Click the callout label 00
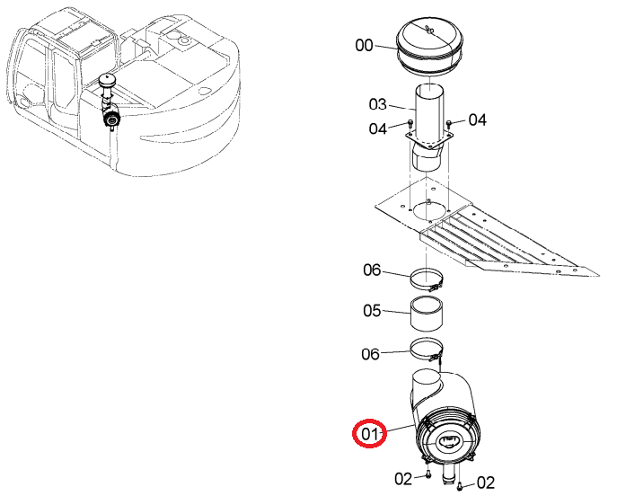[364, 45]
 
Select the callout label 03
[378, 105]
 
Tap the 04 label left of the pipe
[378, 128]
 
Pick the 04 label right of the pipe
[477, 120]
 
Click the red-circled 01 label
[369, 434]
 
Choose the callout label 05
[372, 311]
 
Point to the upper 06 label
[372, 270]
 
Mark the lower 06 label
[370, 354]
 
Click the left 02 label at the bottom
[403, 479]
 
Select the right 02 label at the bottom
[486, 483]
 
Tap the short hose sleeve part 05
[427, 314]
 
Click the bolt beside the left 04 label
[410, 123]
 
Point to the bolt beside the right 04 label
[450, 124]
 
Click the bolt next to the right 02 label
[461, 486]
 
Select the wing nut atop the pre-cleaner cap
[430, 29]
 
